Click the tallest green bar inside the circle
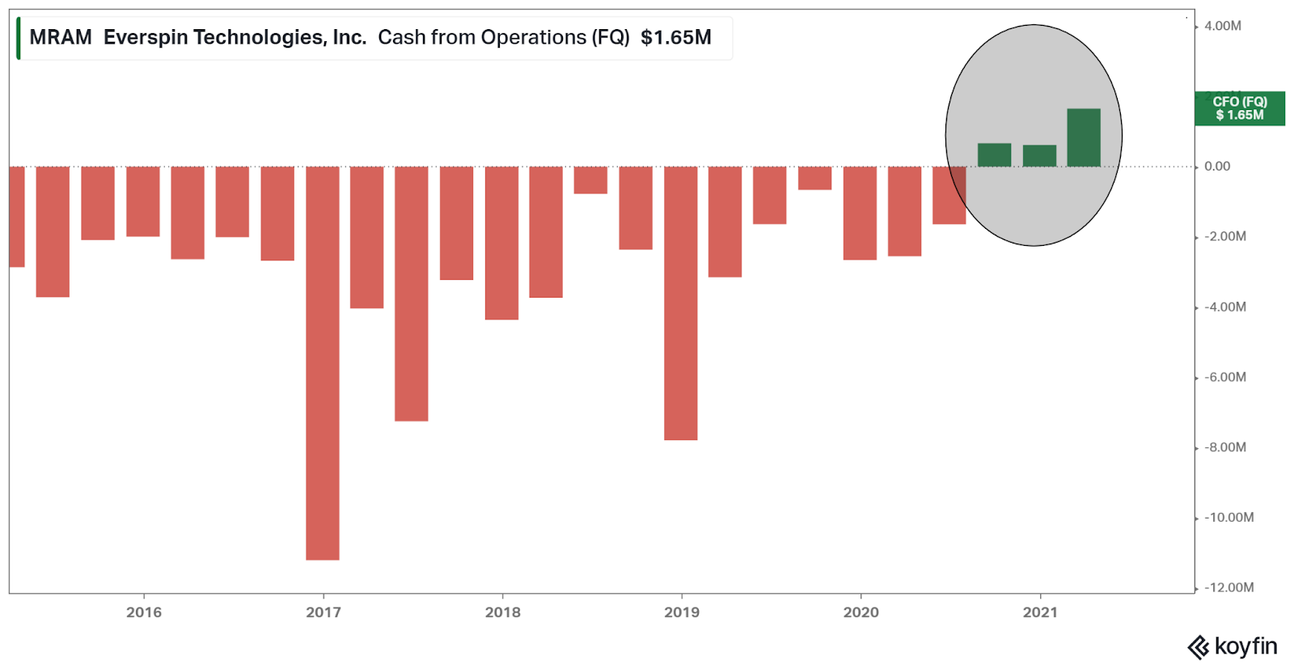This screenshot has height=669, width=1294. [1083, 138]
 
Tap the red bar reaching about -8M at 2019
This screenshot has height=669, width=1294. [681, 303]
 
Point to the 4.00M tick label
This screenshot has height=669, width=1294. [1222, 26]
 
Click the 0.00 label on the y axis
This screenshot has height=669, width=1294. [1217, 167]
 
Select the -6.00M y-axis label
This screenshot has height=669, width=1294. [1225, 377]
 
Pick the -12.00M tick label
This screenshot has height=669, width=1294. [1228, 587]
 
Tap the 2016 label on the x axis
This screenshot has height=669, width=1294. [144, 612]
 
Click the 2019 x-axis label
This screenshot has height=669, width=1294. [682, 612]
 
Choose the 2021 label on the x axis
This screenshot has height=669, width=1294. [1040, 612]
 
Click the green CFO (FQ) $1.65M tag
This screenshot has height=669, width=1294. [1240, 108]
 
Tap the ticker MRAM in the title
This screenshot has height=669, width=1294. [61, 37]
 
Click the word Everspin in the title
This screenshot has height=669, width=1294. [146, 37]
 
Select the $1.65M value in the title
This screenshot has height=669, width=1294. [676, 37]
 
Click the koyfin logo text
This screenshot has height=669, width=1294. [1245, 646]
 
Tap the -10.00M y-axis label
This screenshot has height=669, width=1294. [1228, 518]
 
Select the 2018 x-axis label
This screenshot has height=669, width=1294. [503, 612]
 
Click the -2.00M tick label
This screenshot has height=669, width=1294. [1225, 237]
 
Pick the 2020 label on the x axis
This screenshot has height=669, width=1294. [861, 612]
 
